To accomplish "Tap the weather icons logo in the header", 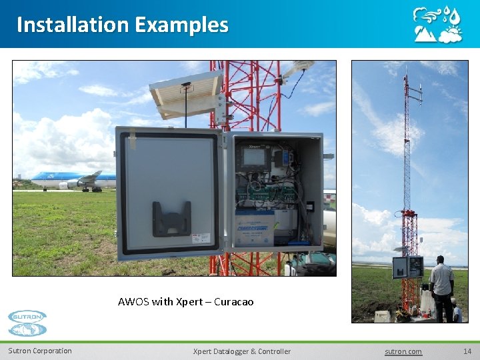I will pyautogui.click(x=437, y=25).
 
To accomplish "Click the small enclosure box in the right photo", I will pyautogui.click(x=407, y=267).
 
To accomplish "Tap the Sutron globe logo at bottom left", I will pyautogui.click(x=28, y=323).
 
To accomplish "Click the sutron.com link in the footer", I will pyautogui.click(x=403, y=351).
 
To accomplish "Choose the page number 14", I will pyautogui.click(x=467, y=351).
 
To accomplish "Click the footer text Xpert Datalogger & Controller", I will pyautogui.click(x=241, y=351).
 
